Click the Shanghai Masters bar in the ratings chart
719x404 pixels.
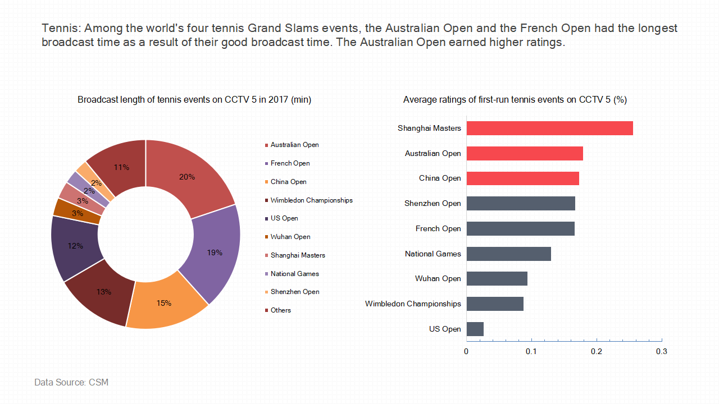tap(550, 128)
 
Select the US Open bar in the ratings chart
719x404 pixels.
tap(475, 329)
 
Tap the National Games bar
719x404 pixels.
tap(509, 254)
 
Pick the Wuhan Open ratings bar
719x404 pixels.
tap(497, 279)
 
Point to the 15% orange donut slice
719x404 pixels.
tap(165, 303)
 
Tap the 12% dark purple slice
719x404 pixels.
tap(75, 247)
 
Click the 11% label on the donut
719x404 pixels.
tap(121, 167)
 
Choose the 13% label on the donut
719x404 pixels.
tap(104, 292)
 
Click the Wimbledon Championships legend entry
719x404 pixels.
tap(309, 200)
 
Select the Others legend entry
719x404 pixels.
tap(278, 310)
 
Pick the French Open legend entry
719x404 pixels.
tap(287, 163)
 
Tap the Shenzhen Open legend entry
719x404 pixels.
tap(292, 292)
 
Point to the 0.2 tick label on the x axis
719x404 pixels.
tap(597, 352)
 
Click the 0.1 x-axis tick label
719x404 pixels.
tap(531, 352)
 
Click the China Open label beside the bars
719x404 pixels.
tap(440, 178)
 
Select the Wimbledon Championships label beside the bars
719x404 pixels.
tap(413, 304)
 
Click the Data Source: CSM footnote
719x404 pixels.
tap(71, 383)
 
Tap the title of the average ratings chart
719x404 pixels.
tap(515, 100)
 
